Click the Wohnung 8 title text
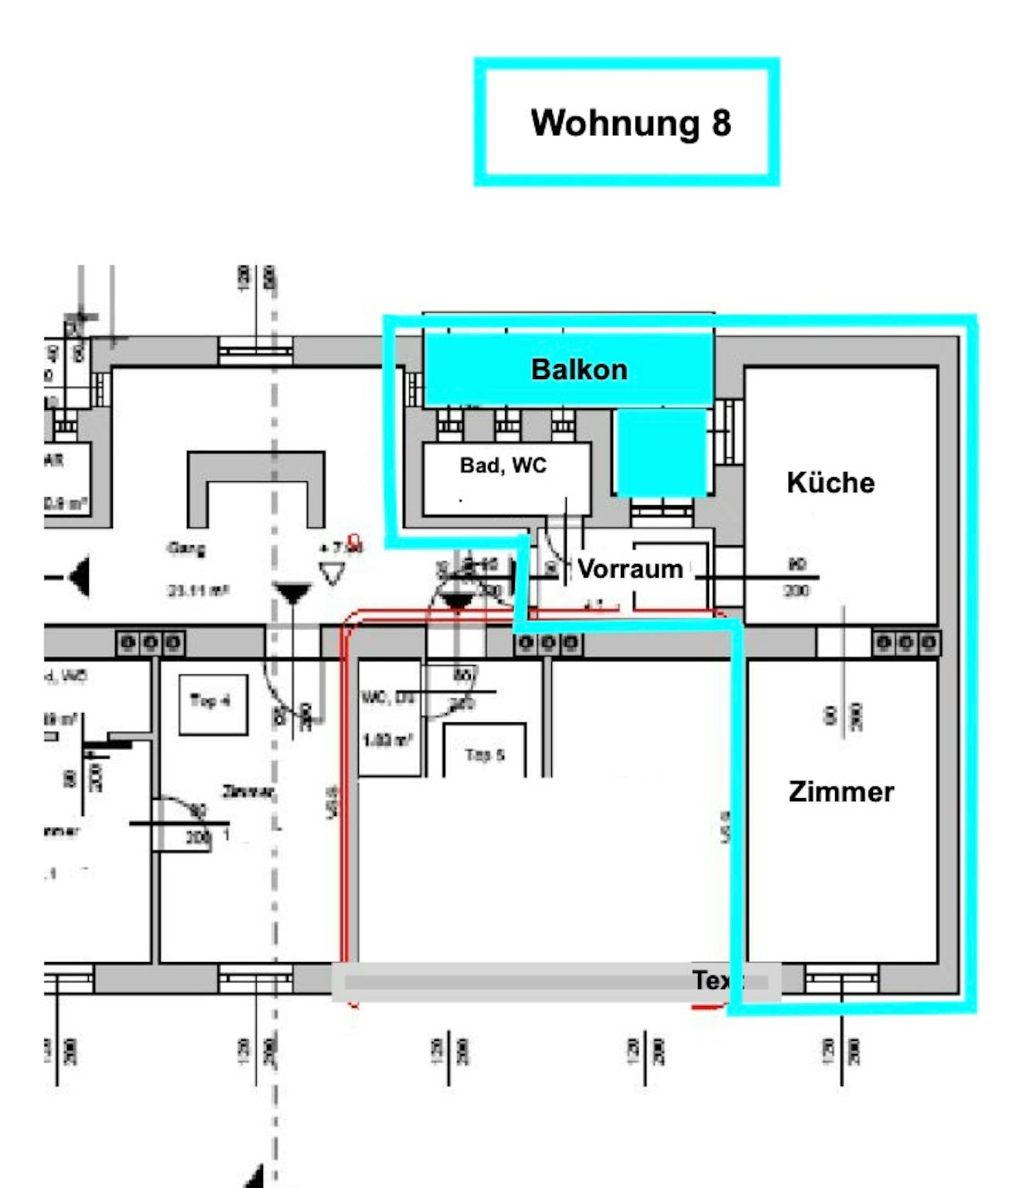pyautogui.click(x=630, y=123)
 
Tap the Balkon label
pyautogui.click(x=579, y=370)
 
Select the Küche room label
pyautogui.click(x=830, y=483)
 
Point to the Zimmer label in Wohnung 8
pyautogui.click(x=841, y=792)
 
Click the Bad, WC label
pyautogui.click(x=503, y=466)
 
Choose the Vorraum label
pyautogui.click(x=630, y=569)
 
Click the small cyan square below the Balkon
pyautogui.click(x=661, y=452)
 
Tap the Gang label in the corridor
pyautogui.click(x=186, y=548)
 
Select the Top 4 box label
pyautogui.click(x=211, y=702)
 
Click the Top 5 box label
pyautogui.click(x=485, y=755)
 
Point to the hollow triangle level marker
pyautogui.click(x=332, y=574)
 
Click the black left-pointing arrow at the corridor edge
pyautogui.click(x=78, y=576)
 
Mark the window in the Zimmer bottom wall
pyautogui.click(x=841, y=979)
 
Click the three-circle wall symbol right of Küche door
pyautogui.click(x=907, y=643)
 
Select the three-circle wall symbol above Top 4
pyautogui.click(x=151, y=643)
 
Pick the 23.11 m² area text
pyautogui.click(x=198, y=591)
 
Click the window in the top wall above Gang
pyautogui.click(x=255, y=351)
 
